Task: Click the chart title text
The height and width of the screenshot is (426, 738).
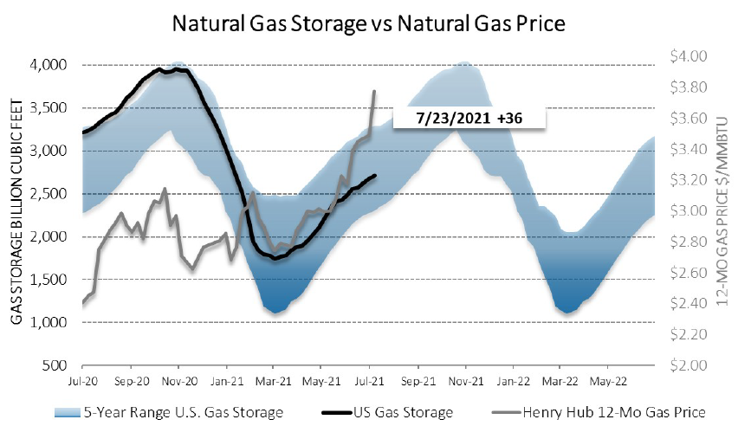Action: pyautogui.click(x=369, y=23)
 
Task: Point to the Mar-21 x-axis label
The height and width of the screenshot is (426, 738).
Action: pyautogui.click(x=274, y=380)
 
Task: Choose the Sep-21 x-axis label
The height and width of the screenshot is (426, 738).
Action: pyautogui.click(x=417, y=380)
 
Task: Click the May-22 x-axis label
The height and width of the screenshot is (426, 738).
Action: pyautogui.click(x=608, y=380)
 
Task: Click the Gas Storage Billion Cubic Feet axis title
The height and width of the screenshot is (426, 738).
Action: pyautogui.click(x=17, y=215)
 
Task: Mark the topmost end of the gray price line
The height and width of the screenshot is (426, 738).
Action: pyautogui.click(x=374, y=91)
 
